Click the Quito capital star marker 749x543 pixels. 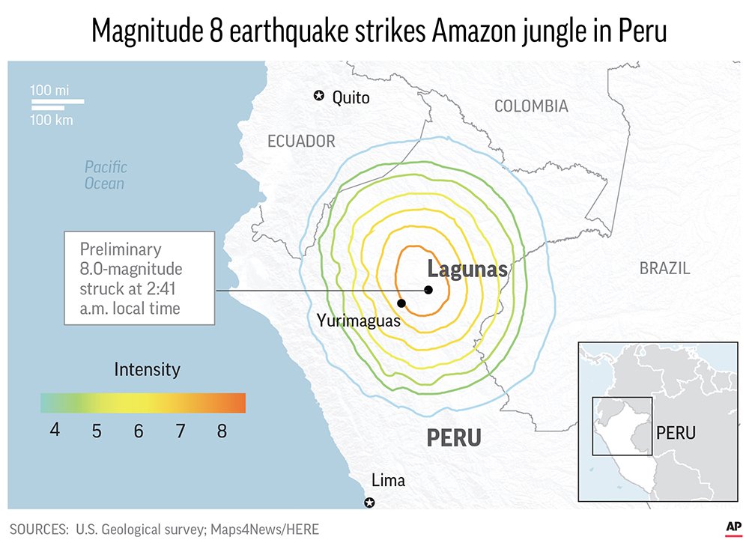[x=319, y=96]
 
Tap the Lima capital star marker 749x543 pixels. [x=369, y=503]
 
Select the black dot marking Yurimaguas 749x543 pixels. [x=401, y=303]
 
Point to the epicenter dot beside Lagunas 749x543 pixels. [x=428, y=290]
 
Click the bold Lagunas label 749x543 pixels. [x=467, y=270]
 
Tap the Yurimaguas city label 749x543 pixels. [x=358, y=321]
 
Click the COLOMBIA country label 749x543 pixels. [x=531, y=106]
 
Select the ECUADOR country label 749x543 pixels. [x=301, y=142]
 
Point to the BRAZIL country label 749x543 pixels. [x=664, y=268]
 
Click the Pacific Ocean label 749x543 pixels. [x=106, y=175]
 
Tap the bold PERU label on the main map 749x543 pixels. [x=454, y=438]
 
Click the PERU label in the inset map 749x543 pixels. [x=676, y=433]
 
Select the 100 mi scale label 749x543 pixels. [x=49, y=90]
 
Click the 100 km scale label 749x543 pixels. [x=52, y=120]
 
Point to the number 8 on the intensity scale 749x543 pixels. [x=222, y=431]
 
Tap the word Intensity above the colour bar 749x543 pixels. [x=147, y=369]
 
